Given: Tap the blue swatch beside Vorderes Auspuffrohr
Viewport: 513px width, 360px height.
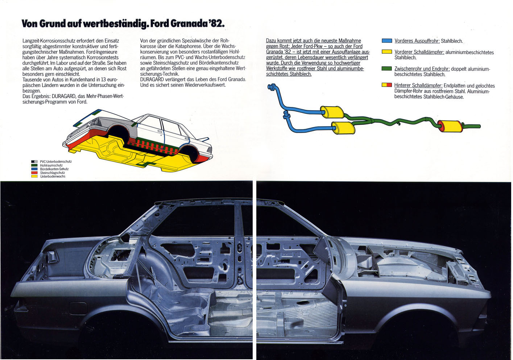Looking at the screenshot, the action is (x=387, y=41).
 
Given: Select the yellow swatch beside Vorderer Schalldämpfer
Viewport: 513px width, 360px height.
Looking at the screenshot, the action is (x=387, y=52).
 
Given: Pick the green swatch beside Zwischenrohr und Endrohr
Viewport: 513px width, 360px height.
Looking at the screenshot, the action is (x=387, y=69).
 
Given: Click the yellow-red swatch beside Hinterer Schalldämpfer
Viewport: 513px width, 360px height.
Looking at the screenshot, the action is (x=387, y=85).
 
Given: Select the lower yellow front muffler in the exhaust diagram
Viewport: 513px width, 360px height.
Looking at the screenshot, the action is (x=343, y=128).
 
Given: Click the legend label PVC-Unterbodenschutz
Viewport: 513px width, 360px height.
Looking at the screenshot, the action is (x=56, y=162).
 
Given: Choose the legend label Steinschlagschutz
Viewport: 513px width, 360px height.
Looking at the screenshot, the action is (x=53, y=173).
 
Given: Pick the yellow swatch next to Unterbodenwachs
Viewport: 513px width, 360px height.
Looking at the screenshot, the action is (x=34, y=176).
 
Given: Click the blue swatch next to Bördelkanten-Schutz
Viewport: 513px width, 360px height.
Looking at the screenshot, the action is (x=34, y=169).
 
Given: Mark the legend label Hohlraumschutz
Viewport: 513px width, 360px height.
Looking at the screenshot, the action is (x=51, y=165).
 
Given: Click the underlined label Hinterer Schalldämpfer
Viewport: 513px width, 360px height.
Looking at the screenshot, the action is (x=418, y=86).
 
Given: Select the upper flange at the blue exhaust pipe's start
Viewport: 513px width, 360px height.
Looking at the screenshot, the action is (x=272, y=87).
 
